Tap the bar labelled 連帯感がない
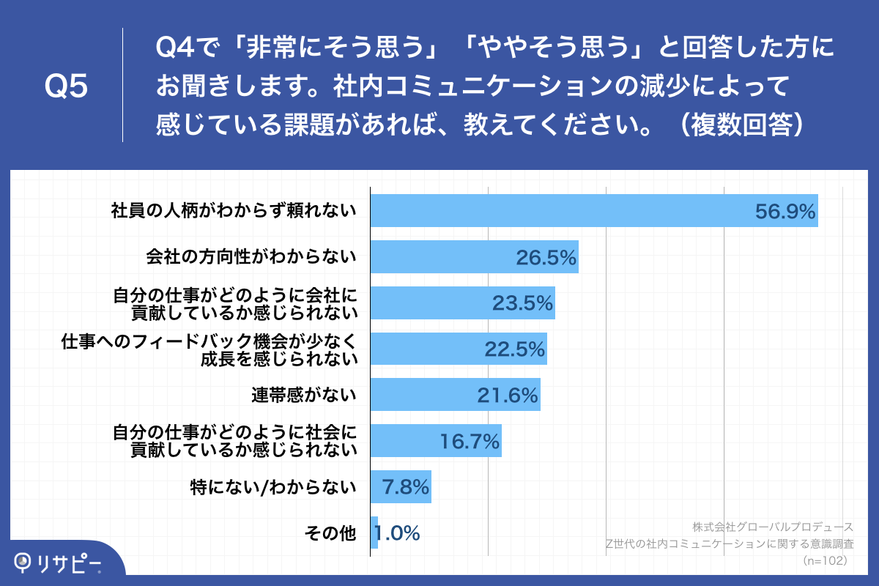[455, 395]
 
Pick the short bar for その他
[374, 533]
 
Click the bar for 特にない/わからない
[401, 486]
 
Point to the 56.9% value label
[785, 212]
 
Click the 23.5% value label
[522, 303]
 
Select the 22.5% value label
[515, 349]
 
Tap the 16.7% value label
[470, 441]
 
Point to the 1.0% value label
[398, 533]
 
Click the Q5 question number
[66, 86]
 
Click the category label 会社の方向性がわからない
[251, 257]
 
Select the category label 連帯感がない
[304, 395]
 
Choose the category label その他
[330, 533]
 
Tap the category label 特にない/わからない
[274, 486]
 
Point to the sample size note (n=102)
[826, 560]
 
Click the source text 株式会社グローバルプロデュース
[772, 527]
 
